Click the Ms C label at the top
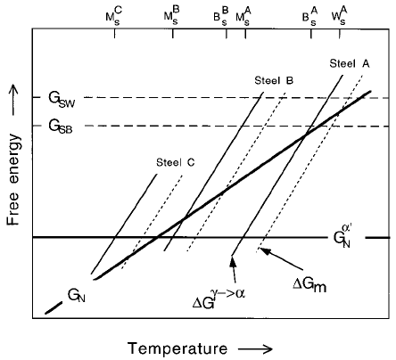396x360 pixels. [x=114, y=16]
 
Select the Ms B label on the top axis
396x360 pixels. [x=172, y=16]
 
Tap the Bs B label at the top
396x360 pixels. [x=221, y=17]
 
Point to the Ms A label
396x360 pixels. [x=243, y=16]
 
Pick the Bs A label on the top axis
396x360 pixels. [x=310, y=16]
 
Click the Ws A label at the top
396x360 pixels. [x=339, y=16]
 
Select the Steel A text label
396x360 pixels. [x=350, y=63]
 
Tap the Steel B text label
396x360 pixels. [x=274, y=80]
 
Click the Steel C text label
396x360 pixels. [x=176, y=162]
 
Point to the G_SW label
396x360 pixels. [x=62, y=100]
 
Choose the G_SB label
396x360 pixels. [x=61, y=127]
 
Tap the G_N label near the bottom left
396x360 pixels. [x=77, y=296]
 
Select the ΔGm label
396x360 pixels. [x=309, y=284]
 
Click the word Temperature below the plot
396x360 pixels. [x=177, y=348]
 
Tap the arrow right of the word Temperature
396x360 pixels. [x=255, y=348]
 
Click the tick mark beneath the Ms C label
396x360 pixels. [x=114, y=34]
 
